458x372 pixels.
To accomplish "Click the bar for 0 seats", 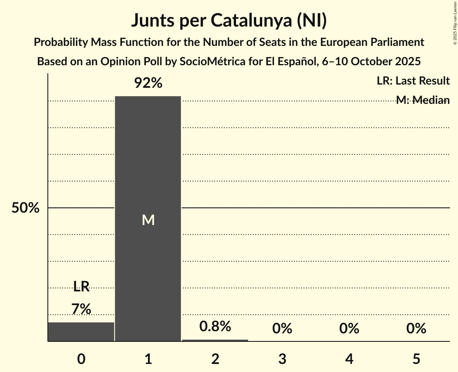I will point(81,332).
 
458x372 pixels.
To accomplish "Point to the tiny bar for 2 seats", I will point(215,340).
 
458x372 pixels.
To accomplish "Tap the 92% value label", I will point(148,83).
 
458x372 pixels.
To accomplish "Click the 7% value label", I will point(81,309).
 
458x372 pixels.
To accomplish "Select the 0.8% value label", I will point(215,327).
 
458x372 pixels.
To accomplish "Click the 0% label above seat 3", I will point(282,329).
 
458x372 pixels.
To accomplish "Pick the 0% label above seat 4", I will point(349,329).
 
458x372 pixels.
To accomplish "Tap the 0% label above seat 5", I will point(416,329).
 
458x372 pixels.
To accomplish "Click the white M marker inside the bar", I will point(148,220).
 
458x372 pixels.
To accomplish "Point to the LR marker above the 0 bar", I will point(81,287).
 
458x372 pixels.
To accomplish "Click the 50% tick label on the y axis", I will point(25,208).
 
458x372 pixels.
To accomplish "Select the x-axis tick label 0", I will point(81,359).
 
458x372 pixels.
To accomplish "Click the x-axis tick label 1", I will point(148,359).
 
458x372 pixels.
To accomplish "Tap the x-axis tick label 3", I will point(282,359).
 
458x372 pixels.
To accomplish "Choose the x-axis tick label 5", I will point(416,359).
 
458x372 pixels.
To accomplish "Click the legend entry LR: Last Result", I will point(413,81).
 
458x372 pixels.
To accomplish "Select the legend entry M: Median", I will point(423,100).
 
